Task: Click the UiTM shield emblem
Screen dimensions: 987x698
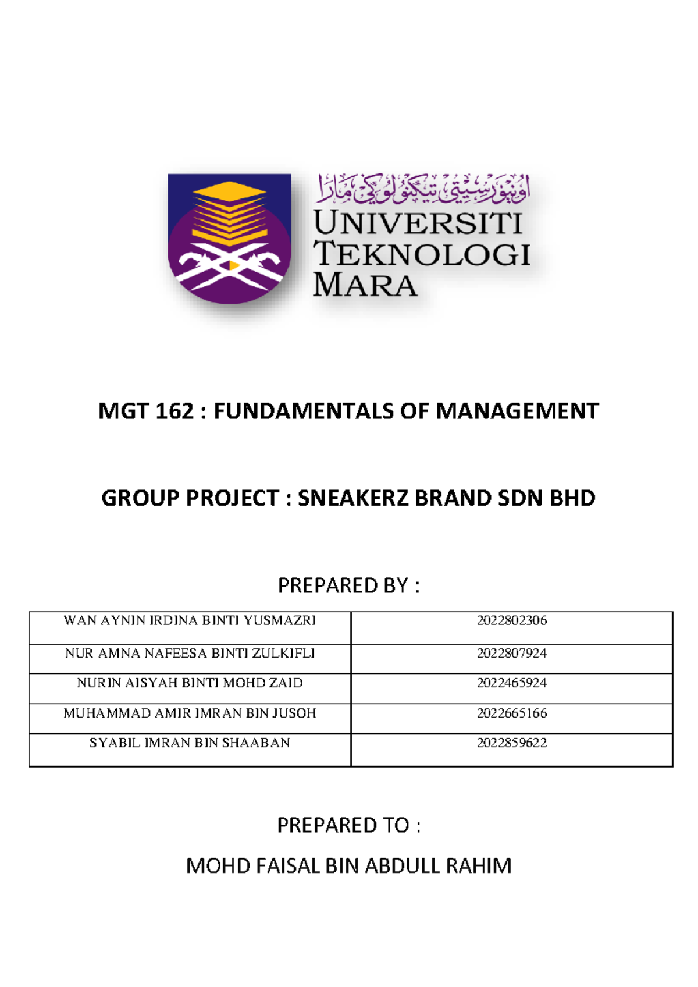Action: (229, 239)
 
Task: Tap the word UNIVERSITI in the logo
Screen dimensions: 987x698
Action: (418, 223)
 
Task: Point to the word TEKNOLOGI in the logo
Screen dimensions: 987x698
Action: (422, 254)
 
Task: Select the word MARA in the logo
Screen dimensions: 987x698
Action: (365, 285)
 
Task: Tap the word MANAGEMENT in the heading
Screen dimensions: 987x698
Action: (517, 411)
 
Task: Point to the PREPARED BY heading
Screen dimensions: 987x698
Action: (348, 585)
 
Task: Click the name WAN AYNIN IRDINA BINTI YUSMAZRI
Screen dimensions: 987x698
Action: (190, 620)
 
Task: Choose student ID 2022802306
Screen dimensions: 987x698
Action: (512, 620)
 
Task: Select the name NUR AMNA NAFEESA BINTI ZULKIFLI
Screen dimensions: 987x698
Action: (190, 654)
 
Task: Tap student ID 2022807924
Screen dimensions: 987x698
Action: (512, 654)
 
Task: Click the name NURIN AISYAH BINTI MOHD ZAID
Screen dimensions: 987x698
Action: (190, 683)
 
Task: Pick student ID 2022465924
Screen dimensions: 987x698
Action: (512, 683)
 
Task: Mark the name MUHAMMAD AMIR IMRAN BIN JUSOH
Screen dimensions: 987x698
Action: (190, 713)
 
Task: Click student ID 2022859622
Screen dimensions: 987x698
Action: (512, 743)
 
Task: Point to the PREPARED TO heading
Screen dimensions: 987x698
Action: (348, 825)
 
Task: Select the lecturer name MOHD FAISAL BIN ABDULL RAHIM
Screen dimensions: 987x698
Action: (348, 866)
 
